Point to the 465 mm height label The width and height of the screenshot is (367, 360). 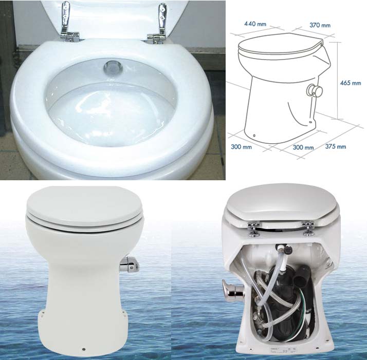coord(351,83)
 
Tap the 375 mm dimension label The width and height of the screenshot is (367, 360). coord(334,146)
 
